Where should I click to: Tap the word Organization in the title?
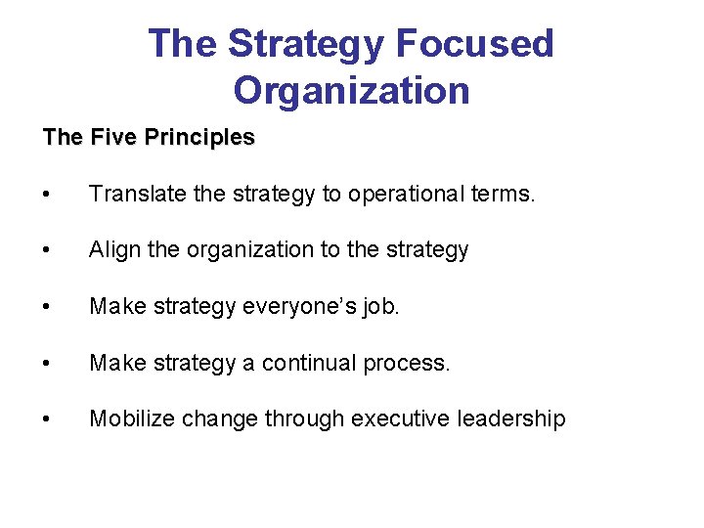point(351,91)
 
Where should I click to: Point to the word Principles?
point(199,138)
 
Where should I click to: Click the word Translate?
point(139,195)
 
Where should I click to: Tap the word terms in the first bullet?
point(503,195)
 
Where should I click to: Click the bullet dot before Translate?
point(48,196)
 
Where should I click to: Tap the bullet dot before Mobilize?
point(48,420)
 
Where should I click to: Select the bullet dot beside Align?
point(48,251)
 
